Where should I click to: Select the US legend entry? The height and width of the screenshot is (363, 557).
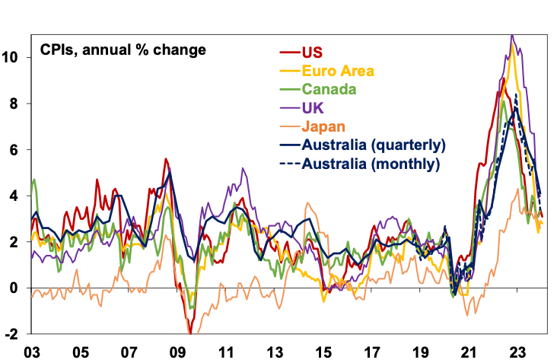pyautogui.click(x=312, y=53)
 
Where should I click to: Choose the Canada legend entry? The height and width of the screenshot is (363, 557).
pyautogui.click(x=329, y=89)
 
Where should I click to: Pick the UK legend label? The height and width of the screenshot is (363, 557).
pyautogui.click(x=313, y=107)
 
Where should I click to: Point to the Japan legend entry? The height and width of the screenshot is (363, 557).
pyautogui.click(x=323, y=126)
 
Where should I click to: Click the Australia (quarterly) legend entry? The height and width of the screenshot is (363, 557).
pyautogui.click(x=374, y=145)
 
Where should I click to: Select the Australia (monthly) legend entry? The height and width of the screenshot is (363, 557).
pyautogui.click(x=371, y=163)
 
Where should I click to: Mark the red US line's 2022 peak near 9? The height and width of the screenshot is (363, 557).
pyautogui.click(x=504, y=78)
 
